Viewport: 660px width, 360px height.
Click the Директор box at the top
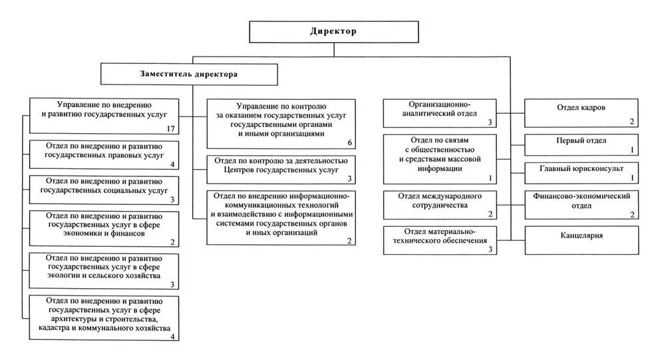pyautogui.click(x=334, y=32)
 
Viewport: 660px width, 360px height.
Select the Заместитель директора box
pyautogui.click(x=189, y=75)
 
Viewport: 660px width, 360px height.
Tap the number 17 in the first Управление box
pyautogui.click(x=170, y=129)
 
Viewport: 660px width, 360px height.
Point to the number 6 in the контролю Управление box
pyautogui.click(x=349, y=143)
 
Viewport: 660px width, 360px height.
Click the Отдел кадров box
pyautogui.click(x=581, y=113)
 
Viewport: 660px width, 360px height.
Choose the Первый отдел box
pyautogui.click(x=581, y=145)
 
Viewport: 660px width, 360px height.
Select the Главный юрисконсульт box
pyautogui.click(x=581, y=173)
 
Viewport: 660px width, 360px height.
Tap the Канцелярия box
pyautogui.click(x=581, y=240)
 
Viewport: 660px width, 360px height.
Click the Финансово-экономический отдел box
pyautogui.click(x=581, y=205)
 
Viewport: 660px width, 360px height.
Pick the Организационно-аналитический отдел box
pyautogui.click(x=440, y=113)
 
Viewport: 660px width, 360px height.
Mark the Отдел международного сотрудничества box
pyautogui.click(x=440, y=205)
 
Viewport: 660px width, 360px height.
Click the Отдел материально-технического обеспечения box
pyautogui.click(x=440, y=240)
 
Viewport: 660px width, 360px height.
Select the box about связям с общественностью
pyautogui.click(x=440, y=159)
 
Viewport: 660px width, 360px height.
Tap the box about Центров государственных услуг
pyautogui.click(x=281, y=170)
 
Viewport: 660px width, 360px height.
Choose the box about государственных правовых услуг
pyautogui.click(x=104, y=155)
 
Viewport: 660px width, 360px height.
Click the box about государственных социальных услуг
pyautogui.click(x=104, y=190)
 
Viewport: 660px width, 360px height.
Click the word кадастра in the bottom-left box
pyautogui.click(x=55, y=328)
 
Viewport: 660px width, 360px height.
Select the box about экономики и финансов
pyautogui.click(x=104, y=229)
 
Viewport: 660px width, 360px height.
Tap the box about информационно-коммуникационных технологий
pyautogui.click(x=281, y=218)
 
